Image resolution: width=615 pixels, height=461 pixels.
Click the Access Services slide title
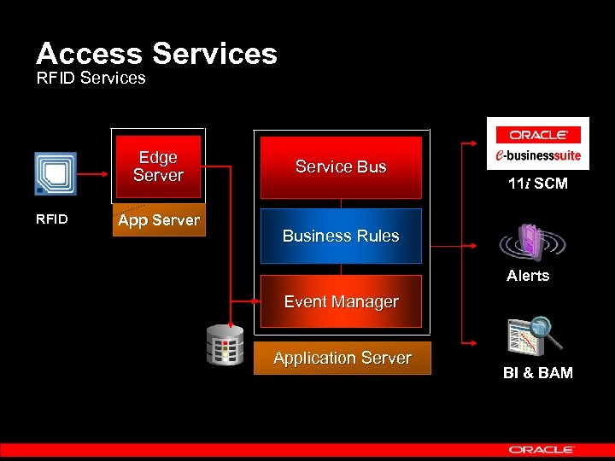pyautogui.click(x=156, y=54)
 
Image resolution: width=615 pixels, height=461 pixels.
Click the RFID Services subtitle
pyautogui.click(x=91, y=79)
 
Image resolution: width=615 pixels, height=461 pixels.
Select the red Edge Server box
pyautogui.click(x=158, y=166)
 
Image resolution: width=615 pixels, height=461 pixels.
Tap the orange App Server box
pyautogui.click(x=159, y=220)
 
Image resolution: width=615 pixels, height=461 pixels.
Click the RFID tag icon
pyautogui.click(x=56, y=173)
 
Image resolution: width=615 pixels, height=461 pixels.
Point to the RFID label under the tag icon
pyautogui.click(x=52, y=219)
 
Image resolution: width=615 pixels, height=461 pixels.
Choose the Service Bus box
pyautogui.click(x=341, y=167)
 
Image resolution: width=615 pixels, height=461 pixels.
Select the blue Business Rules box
pyautogui.click(x=341, y=236)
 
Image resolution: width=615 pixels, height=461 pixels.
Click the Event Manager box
pyautogui.click(x=341, y=301)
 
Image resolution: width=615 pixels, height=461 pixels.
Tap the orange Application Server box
pyautogui.click(x=342, y=359)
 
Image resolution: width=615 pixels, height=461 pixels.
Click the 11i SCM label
pyautogui.click(x=537, y=184)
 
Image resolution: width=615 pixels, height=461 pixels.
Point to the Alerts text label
pyautogui.click(x=528, y=276)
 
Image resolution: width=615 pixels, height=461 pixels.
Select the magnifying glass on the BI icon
pyautogui.click(x=544, y=331)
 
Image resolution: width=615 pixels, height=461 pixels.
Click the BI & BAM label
pyautogui.click(x=537, y=373)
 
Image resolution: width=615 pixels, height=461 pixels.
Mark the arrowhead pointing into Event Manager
pyautogui.click(x=254, y=301)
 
